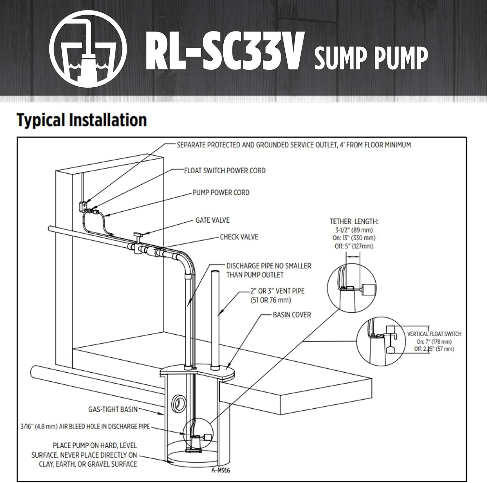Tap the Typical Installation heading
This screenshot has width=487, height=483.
(82, 120)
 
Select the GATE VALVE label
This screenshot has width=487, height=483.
(212, 220)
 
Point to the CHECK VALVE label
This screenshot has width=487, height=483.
(239, 237)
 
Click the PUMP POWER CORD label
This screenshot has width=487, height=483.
(221, 192)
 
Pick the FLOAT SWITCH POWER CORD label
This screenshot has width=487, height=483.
(225, 171)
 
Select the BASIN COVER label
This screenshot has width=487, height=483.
(292, 315)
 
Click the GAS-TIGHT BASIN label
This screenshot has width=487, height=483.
(113, 409)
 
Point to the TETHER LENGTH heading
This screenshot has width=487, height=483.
(354, 222)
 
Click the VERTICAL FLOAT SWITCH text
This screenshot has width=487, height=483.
(434, 334)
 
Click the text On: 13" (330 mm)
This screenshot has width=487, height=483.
(354, 238)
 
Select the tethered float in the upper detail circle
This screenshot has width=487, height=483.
(368, 289)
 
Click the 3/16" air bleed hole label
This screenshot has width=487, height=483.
(85, 426)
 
